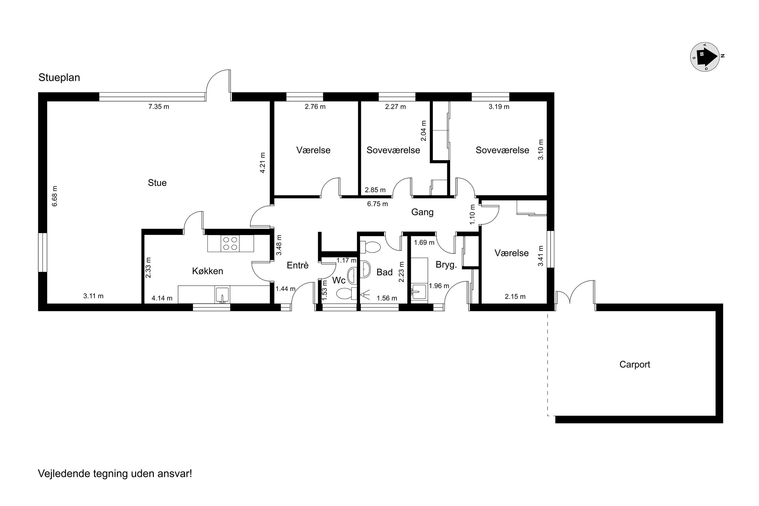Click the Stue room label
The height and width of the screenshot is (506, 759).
157,183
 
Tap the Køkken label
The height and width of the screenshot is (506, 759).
207,271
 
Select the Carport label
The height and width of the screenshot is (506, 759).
634,365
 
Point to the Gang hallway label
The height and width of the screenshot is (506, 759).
422,212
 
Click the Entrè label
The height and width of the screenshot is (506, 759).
297,265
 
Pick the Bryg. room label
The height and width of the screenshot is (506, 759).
446,265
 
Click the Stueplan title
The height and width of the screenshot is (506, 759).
59,77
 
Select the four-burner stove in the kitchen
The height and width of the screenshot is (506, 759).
230,244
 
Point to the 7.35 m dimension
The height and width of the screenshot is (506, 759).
159,107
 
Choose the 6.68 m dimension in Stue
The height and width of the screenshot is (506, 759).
55,196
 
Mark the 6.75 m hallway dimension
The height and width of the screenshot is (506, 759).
377,204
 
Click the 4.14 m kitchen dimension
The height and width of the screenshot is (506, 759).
162,298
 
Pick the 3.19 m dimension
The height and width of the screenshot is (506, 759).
499,107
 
